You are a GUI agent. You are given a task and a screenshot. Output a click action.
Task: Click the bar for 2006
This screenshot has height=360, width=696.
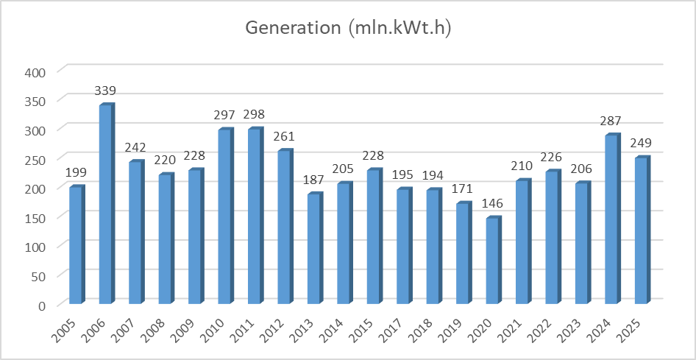pos(106,204)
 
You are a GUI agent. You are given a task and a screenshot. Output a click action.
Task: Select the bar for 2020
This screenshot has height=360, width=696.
pos(492,261)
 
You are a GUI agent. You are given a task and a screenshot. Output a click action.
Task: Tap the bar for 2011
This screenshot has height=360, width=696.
pos(255,216)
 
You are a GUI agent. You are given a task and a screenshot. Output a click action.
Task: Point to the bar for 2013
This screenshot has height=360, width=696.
pos(314,249)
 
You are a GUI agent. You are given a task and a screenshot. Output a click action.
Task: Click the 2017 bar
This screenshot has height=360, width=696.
pos(403,247)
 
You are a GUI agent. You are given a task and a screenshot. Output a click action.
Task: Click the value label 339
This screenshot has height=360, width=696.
pos(105,91)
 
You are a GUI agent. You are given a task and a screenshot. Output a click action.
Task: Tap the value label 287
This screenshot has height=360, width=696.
pos(611,121)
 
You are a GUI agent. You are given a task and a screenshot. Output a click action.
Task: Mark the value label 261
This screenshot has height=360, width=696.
pos(284,136)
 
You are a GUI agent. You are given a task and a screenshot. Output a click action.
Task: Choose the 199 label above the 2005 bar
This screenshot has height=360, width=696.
pos(75,173)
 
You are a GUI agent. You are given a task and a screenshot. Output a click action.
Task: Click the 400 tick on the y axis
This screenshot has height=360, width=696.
pos(36,71)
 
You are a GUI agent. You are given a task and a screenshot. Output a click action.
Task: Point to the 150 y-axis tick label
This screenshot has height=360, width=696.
pos(36,217)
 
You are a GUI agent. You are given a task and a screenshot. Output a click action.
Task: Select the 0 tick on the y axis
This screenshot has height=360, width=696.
pos(43,305)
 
